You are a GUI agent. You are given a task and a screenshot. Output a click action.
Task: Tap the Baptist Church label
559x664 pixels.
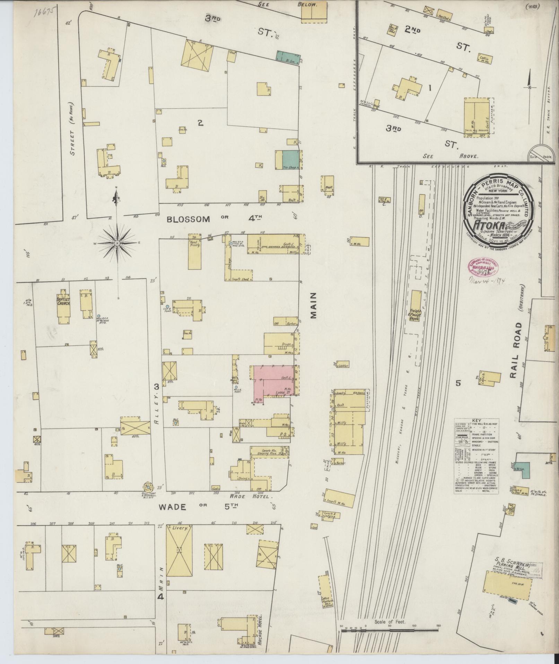(x=64, y=301)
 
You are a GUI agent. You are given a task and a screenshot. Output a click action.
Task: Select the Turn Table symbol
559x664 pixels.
(x=538, y=153)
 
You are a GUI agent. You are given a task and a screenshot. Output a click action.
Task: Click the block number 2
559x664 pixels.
(x=200, y=122)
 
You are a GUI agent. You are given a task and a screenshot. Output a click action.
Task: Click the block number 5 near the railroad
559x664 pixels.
(x=458, y=383)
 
